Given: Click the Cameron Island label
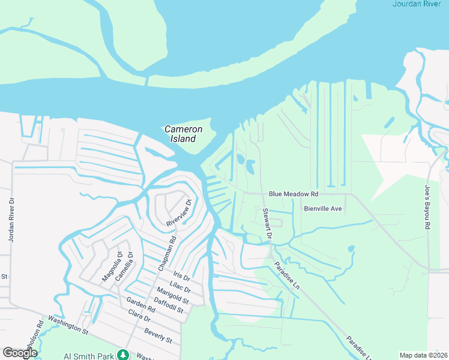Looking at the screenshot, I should pyautogui.click(x=183, y=134).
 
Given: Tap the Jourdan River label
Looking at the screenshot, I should pyautogui.click(x=420, y=4).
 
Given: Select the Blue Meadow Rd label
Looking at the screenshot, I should pyautogui.click(x=294, y=194).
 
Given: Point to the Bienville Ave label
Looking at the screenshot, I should pyautogui.click(x=322, y=209).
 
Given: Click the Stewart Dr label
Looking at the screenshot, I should pyautogui.click(x=267, y=224).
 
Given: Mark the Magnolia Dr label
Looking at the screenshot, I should pyautogui.click(x=112, y=266).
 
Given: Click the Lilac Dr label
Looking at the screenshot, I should pyautogui.click(x=179, y=288).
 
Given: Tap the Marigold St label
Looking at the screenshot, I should pyautogui.click(x=177, y=296).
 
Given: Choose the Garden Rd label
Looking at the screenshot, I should pyautogui.click(x=140, y=304).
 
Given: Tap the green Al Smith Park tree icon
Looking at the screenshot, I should pyautogui.click(x=123, y=355).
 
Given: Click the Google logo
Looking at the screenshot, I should pyautogui.click(x=20, y=353).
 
